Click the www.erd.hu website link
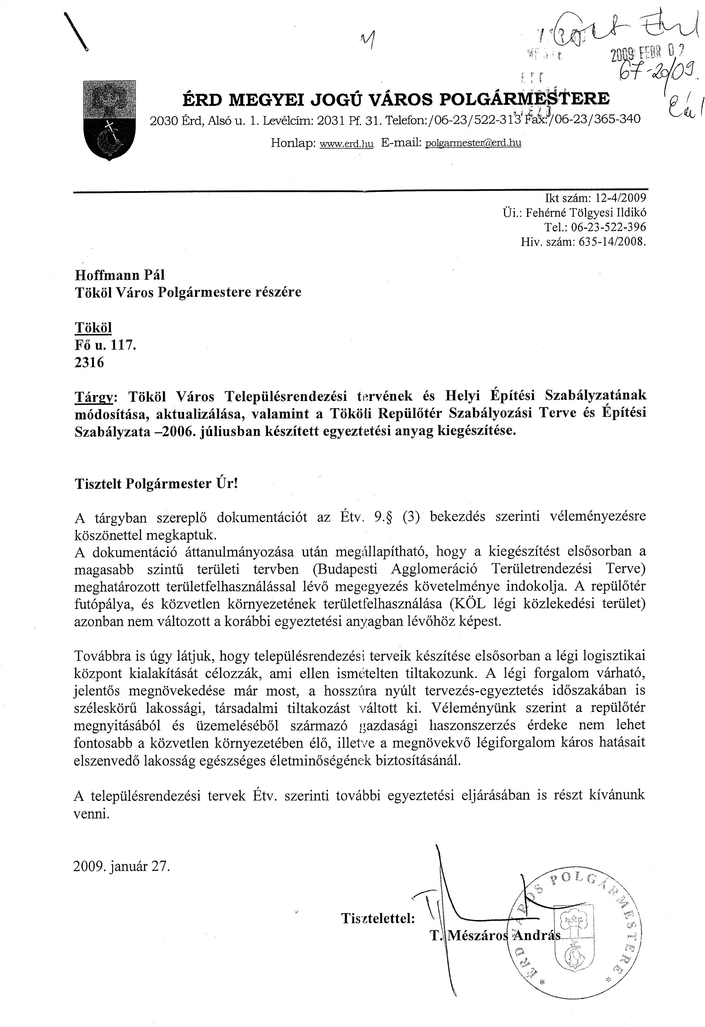346,144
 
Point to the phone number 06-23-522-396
608,227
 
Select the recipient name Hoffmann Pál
120,275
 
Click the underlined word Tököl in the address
93,328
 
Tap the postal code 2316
89,362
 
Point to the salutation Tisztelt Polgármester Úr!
156,484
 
